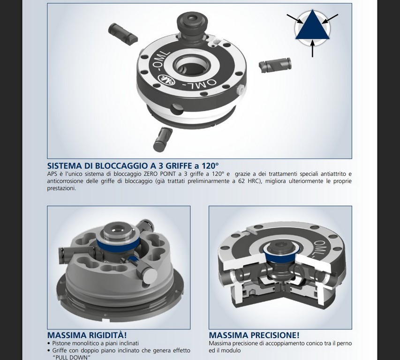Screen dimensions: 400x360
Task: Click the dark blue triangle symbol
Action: pos(312,27)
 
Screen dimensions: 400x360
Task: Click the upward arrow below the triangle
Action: pos(312,49)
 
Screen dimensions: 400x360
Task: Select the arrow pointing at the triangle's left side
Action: pos(295,19)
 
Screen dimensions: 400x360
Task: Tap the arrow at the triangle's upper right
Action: pos(330,19)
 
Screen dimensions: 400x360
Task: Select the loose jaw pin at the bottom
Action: pos(163,139)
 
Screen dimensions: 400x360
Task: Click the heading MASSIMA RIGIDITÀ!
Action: pos(87,335)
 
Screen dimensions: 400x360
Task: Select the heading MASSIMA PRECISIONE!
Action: pos(254,335)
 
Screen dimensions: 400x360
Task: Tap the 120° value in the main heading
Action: pos(210,166)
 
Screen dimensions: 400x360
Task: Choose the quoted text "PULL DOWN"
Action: pos(72,357)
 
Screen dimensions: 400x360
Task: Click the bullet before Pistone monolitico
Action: pos(49,344)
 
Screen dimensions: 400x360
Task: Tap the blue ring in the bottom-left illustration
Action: pos(118,244)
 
